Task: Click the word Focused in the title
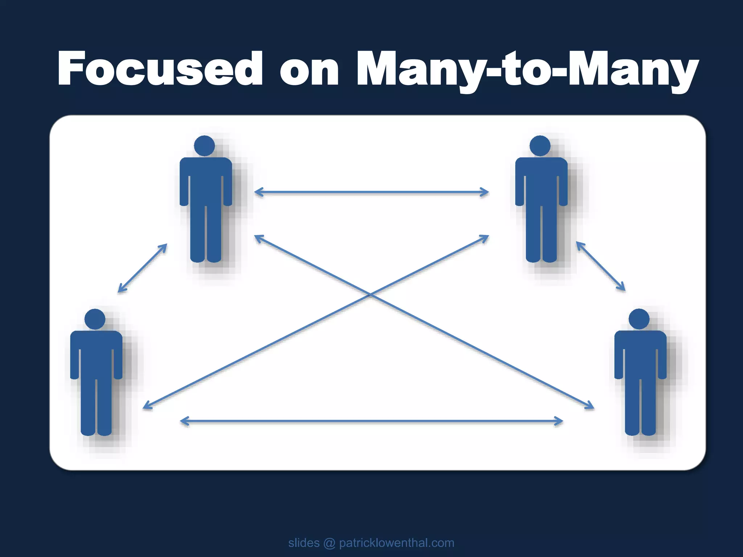pos(160,69)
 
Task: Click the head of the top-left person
pos(205,146)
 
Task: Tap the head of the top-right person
pos(540,146)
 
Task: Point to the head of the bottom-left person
pos(95,319)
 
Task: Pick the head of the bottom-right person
pos(639,319)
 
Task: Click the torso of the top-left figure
pos(206,181)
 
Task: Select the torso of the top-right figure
pos(541,181)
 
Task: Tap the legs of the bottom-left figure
pos(96,406)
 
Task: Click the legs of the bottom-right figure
pos(640,406)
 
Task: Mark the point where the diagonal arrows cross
pos(370,295)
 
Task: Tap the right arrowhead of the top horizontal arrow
pos(486,192)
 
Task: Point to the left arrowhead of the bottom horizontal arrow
pos(183,421)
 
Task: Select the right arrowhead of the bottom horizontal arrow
pos(560,421)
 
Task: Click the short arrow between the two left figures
pos(143,268)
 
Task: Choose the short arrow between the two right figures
pos(601,267)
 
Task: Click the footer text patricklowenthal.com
pos(397,543)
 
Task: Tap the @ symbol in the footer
pos(329,543)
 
